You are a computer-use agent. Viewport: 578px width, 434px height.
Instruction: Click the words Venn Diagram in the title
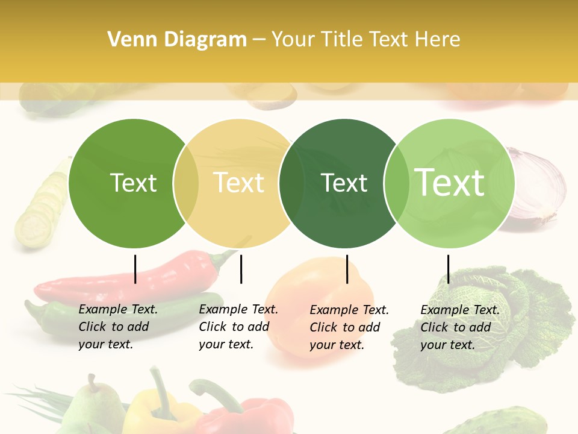[177, 40]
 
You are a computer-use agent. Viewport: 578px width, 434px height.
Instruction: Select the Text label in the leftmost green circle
[133, 183]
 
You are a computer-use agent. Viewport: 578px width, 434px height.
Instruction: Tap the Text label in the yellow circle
[239, 183]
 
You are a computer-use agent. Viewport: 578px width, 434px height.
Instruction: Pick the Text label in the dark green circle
[344, 183]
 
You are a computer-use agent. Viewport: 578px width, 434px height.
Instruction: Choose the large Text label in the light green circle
[450, 182]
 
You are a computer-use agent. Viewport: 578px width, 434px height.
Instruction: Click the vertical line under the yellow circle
[241, 269]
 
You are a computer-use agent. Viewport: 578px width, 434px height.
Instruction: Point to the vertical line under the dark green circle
[347, 269]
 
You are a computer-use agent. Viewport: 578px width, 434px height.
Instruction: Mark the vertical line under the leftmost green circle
[135, 269]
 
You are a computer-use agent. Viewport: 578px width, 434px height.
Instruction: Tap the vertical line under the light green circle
[448, 269]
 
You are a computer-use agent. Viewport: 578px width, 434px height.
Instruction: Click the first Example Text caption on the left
[118, 327]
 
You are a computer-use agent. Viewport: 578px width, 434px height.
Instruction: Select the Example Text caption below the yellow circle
[238, 327]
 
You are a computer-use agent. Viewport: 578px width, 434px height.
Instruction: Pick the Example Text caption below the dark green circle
[349, 327]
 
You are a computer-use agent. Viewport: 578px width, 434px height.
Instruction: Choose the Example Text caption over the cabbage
[460, 327]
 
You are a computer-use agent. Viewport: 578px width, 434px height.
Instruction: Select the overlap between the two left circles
[186, 183]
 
